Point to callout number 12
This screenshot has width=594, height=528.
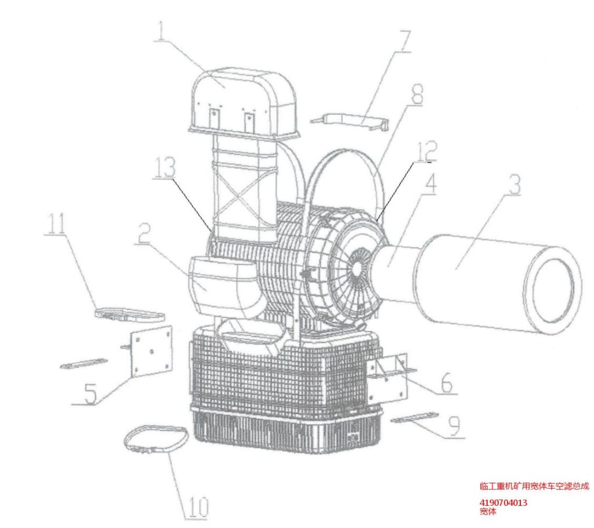coord(428,151)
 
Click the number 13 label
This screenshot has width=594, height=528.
coord(164,167)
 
